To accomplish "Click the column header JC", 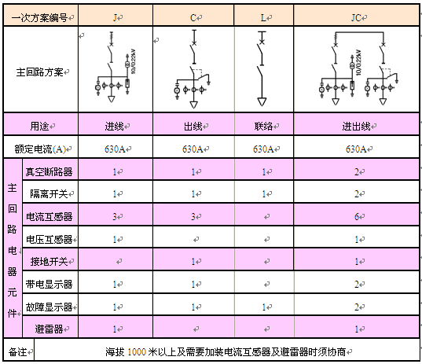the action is coord(356,18).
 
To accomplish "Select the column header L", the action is coord(263,18).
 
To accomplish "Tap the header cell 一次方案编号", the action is coord(39,18).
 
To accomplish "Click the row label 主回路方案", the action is coord(39,72).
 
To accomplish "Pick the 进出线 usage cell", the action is coord(356,126).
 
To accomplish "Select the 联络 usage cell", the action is coord(263,126).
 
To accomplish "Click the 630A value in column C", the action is coord(193,149).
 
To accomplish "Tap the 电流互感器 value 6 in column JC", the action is coord(357,216).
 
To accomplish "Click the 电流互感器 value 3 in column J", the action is coord(115,216).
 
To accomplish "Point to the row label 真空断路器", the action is coord(49,171).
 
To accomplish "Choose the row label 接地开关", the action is coord(49,262).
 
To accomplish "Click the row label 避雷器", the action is coord(49,329).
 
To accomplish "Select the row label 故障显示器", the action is coord(49,307).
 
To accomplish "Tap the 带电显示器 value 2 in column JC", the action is coord(357,285).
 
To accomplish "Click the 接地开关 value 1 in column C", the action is coord(193,262).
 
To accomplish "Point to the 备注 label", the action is coord(17,351).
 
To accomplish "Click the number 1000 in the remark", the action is coord(137,352).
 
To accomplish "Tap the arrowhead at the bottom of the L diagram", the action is coord(262,101).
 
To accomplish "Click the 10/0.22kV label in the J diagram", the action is coord(134,61).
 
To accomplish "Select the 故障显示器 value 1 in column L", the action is coord(264,307).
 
